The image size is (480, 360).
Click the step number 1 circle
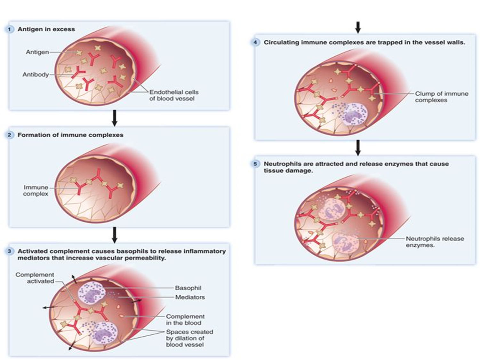click(x=9, y=29)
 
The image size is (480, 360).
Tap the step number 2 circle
click(x=9, y=135)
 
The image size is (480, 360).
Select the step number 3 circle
click(x=9, y=251)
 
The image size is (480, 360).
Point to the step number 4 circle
click(x=255, y=42)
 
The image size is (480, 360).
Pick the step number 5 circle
click(x=255, y=164)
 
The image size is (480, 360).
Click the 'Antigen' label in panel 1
click(x=37, y=52)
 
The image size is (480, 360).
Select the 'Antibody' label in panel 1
click(x=36, y=75)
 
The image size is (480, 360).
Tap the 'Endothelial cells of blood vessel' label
click(x=173, y=95)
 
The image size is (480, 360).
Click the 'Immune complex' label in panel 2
click(x=36, y=190)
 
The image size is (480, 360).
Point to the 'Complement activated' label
click(x=35, y=278)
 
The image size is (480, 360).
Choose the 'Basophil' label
click(x=188, y=288)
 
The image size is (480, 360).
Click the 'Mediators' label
click(x=190, y=297)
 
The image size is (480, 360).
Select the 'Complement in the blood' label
click(x=185, y=319)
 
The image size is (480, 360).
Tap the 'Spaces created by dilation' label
click(x=189, y=338)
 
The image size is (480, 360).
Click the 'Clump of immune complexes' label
click(x=441, y=97)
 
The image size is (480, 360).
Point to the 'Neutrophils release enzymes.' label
click(x=434, y=242)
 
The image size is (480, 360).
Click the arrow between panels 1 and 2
click(x=114, y=118)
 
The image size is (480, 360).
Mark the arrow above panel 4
click(x=358, y=28)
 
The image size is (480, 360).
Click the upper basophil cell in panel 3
click(x=91, y=293)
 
